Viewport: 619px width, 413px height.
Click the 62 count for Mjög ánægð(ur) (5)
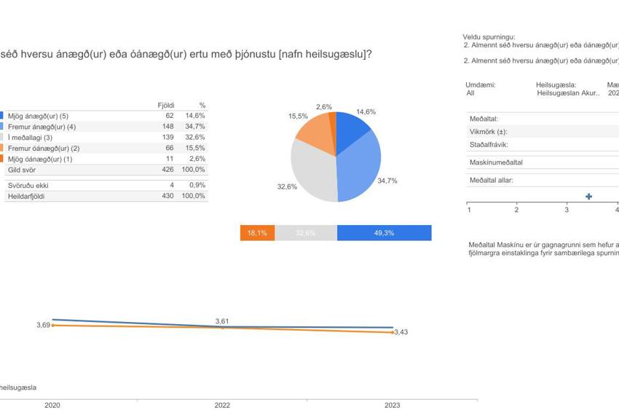coord(170,116)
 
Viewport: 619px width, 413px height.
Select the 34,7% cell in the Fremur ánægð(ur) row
coord(196,127)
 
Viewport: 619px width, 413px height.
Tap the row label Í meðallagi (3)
coord(30,138)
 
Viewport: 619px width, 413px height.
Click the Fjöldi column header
coord(166,106)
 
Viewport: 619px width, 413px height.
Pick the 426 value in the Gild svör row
coord(167,170)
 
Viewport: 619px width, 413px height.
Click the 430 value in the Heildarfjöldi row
coord(167,196)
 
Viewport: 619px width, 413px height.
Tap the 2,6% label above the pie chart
coord(324,107)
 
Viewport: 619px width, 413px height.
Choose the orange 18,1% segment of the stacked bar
coord(257,233)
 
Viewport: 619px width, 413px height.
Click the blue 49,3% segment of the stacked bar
coord(384,233)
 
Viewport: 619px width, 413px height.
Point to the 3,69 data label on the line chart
coord(43,325)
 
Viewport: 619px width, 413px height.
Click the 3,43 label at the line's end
coord(401,332)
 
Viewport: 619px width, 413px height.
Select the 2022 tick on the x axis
coord(222,405)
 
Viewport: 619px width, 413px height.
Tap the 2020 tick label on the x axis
coord(52,405)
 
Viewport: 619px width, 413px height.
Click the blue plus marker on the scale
coord(588,197)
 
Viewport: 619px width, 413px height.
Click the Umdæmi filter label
coord(480,84)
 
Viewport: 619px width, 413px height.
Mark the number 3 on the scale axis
coord(566,211)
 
